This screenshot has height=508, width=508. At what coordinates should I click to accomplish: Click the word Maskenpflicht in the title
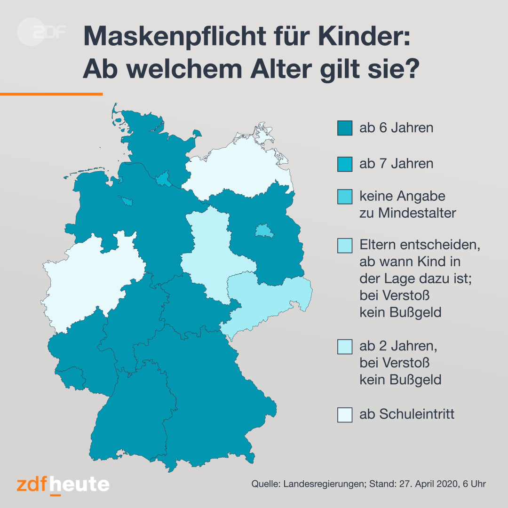tap(175, 37)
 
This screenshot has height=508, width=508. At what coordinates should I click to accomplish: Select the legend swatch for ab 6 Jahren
tap(345, 128)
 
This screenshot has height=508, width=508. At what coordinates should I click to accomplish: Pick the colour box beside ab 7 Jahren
tap(345, 164)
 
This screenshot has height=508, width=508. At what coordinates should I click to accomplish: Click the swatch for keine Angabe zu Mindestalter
tap(345, 197)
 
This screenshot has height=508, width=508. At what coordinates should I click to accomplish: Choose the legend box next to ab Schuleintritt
tap(345, 415)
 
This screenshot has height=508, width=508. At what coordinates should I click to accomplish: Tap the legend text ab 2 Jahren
tap(398, 346)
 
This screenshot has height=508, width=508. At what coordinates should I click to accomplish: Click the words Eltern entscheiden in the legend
tap(420, 245)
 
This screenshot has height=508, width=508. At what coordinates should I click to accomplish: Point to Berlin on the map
tap(264, 230)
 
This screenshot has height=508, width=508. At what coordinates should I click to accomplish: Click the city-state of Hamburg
tap(163, 179)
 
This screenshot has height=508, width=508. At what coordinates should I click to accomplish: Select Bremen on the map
tap(127, 201)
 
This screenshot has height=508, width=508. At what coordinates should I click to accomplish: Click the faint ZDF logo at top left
tap(41, 32)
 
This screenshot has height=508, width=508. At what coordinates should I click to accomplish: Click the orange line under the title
tap(51, 94)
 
